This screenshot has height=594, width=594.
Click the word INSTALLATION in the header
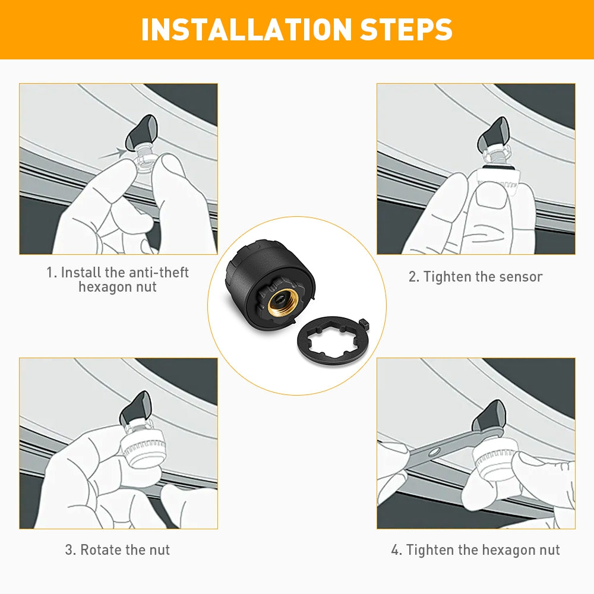[247, 29]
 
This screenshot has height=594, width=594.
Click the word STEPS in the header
[406, 29]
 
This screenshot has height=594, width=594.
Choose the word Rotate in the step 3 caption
[100, 549]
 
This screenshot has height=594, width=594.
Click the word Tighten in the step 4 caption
[429, 549]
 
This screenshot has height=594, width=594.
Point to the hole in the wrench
[434, 451]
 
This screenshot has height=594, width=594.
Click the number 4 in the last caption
[395, 549]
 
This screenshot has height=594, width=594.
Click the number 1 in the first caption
[50, 273]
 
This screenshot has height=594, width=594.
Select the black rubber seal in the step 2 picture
[497, 167]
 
